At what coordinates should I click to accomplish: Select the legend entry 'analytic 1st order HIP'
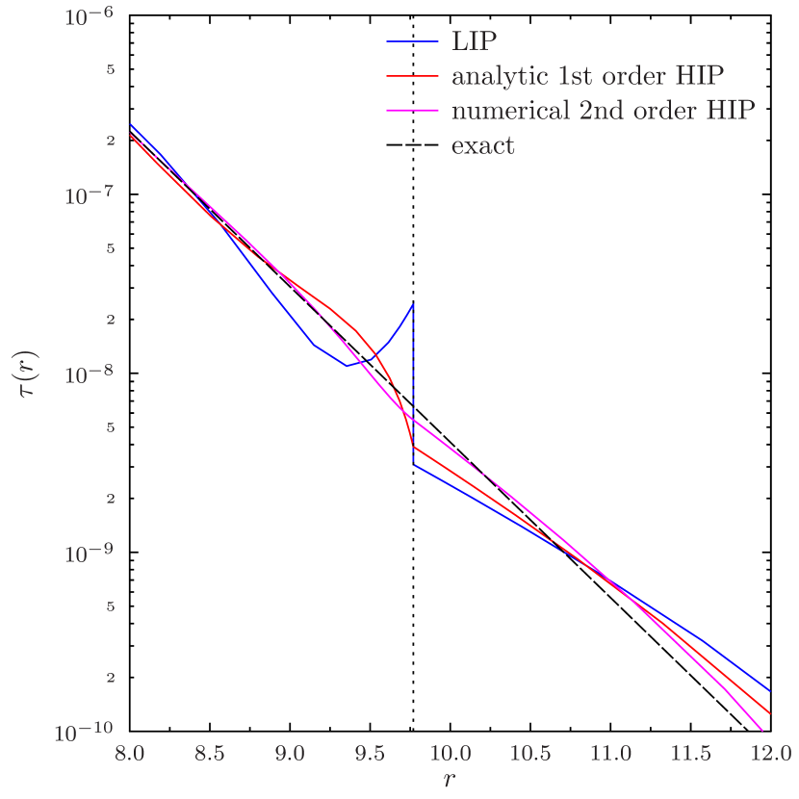[587, 76]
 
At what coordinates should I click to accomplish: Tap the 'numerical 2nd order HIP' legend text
[603, 111]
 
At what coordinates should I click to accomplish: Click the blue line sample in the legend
[414, 40]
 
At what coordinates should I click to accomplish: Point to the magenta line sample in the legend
[414, 111]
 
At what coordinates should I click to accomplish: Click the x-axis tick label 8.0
[130, 751]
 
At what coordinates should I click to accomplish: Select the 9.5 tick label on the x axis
[369, 751]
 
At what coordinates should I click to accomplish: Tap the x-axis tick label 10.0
[449, 751]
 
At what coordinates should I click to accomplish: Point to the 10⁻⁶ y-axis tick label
[90, 17]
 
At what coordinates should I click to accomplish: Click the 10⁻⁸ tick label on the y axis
[90, 375]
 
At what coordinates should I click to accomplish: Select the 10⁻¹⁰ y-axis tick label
[85, 734]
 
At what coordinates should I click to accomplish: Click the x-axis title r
[449, 778]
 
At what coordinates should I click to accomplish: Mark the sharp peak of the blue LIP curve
[414, 304]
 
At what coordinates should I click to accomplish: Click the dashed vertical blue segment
[414, 385]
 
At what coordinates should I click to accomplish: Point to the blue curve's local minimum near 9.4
[349, 366]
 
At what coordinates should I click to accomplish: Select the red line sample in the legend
[414, 76]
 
